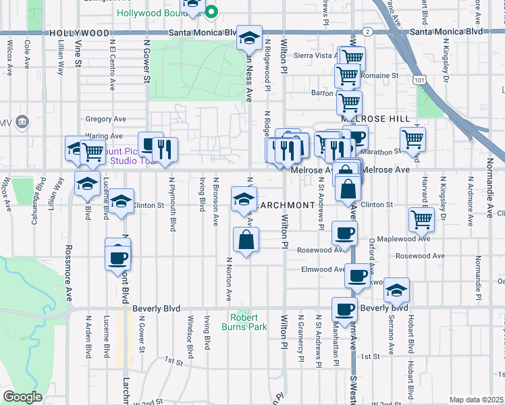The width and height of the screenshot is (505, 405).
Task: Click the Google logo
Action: click(22, 397)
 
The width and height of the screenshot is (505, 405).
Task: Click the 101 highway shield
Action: click(421, 80)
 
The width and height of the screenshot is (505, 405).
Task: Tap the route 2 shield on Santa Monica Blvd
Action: click(367, 31)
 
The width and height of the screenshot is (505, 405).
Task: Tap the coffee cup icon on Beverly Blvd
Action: click(344, 310)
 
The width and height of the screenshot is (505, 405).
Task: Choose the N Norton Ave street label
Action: click(229, 279)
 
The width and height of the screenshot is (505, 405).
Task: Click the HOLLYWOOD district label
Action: click(79, 32)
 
